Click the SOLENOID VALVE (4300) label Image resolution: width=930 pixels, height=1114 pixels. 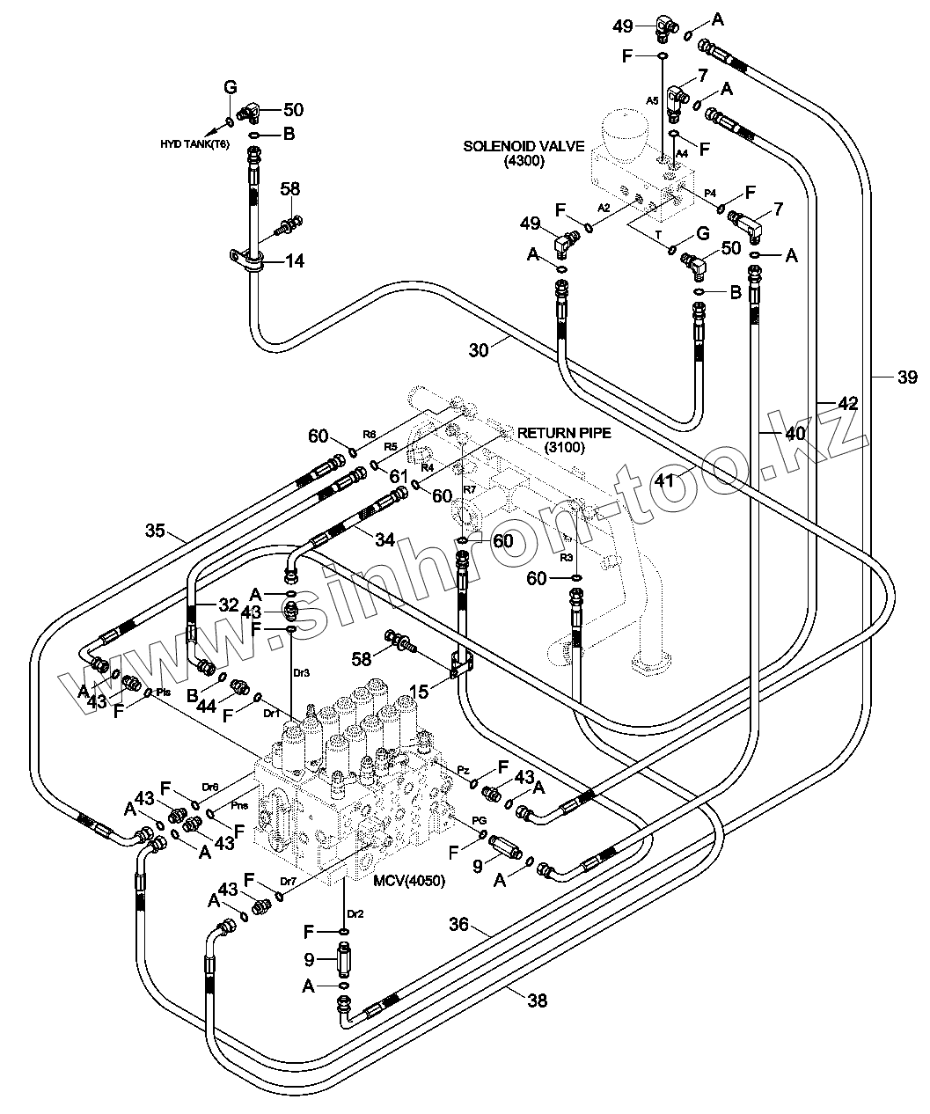click(x=524, y=153)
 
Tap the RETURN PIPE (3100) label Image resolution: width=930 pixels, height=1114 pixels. click(x=564, y=440)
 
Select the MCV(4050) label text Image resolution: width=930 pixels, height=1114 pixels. click(x=409, y=880)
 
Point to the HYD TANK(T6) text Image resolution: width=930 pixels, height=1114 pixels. click(x=194, y=144)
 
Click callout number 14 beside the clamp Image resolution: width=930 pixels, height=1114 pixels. click(x=295, y=260)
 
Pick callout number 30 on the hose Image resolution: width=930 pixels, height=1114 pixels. click(x=479, y=350)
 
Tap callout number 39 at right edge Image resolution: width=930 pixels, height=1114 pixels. click(x=907, y=377)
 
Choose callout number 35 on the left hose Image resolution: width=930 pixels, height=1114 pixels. click(x=155, y=531)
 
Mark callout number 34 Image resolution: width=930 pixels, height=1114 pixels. click(x=384, y=539)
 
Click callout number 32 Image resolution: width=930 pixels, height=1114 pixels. click(x=229, y=605)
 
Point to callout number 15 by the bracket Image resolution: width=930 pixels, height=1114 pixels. click(x=419, y=692)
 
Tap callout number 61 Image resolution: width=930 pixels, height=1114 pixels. click(x=399, y=476)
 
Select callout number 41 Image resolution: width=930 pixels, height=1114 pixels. click(x=663, y=480)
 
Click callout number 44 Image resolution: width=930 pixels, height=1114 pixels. click(x=207, y=707)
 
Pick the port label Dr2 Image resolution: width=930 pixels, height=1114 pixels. click(x=355, y=914)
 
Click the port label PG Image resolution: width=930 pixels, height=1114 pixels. click(x=480, y=821)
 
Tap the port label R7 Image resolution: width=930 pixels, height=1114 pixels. click(x=470, y=488)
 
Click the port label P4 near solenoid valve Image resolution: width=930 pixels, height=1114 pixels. click(x=710, y=194)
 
